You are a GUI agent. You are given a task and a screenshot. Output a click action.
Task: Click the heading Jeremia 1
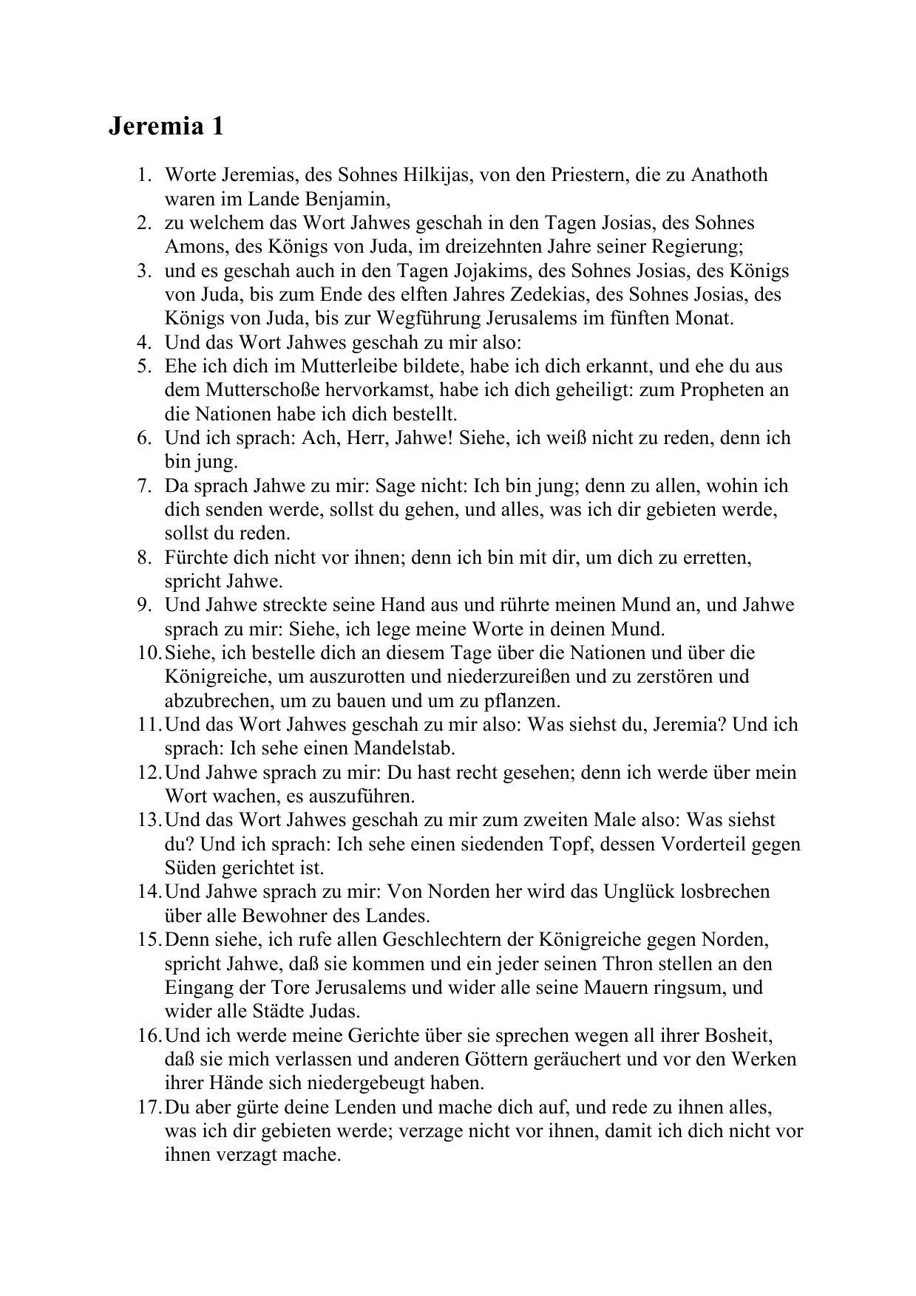click(x=166, y=126)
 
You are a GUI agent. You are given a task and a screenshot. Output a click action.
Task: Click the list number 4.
click(x=143, y=342)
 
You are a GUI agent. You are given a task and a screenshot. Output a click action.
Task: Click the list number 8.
click(x=143, y=557)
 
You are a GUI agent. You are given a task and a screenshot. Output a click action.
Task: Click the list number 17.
click(x=148, y=1107)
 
